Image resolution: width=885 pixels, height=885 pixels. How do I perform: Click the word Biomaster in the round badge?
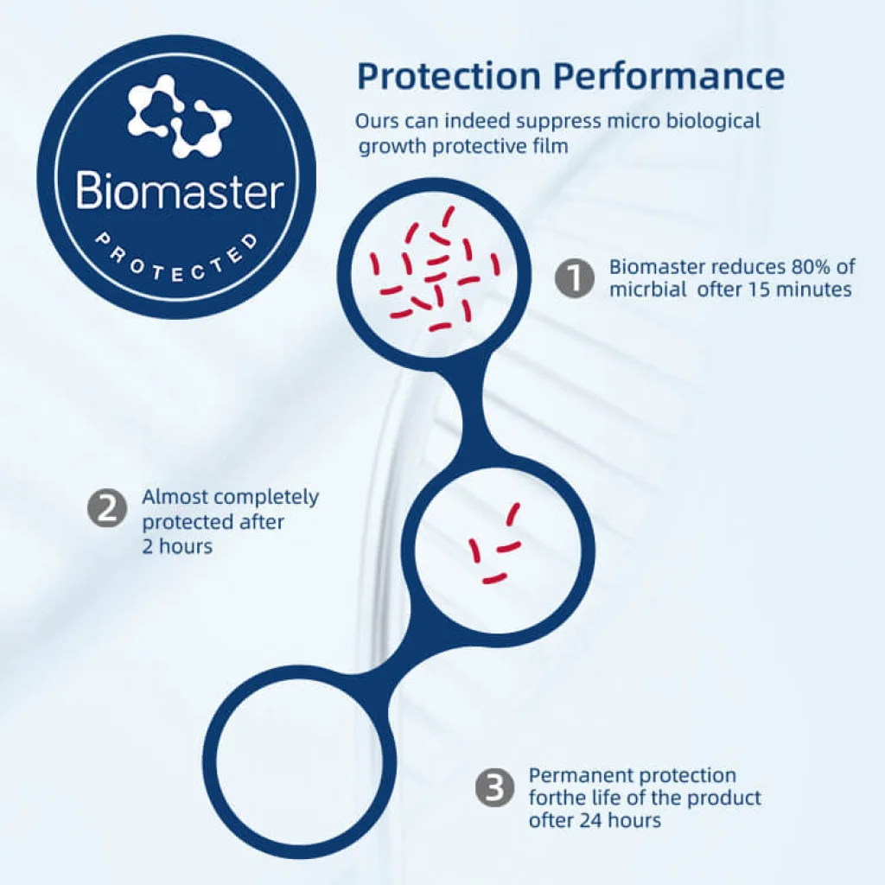tap(180, 190)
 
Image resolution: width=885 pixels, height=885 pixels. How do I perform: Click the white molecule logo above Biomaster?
tap(179, 117)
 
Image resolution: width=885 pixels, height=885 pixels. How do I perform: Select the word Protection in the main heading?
tap(449, 76)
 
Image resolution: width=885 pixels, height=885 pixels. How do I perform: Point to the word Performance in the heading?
tap(670, 76)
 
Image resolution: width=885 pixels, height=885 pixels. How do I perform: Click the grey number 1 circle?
tap(574, 278)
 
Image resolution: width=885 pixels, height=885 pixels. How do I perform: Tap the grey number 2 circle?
tap(107, 508)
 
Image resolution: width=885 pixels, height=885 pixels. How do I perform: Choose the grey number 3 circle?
tap(495, 786)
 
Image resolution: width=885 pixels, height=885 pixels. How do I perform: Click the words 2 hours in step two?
tap(177, 546)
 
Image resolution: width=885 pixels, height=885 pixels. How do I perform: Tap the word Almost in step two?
tap(175, 497)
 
